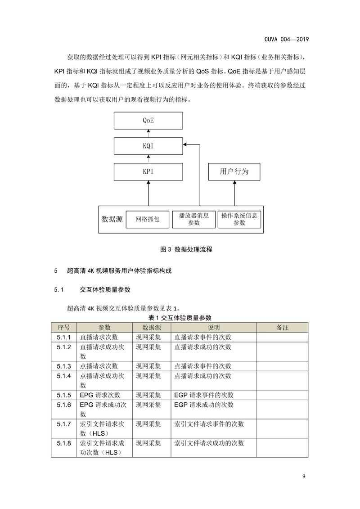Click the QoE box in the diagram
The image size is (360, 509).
(x=148, y=121)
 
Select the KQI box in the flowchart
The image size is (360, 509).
(x=148, y=146)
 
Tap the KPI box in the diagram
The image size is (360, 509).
(x=148, y=172)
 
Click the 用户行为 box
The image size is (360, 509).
(x=234, y=172)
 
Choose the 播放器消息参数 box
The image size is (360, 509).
(x=193, y=220)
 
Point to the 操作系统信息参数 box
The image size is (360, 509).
(x=239, y=220)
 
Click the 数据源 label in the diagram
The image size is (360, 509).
(x=112, y=220)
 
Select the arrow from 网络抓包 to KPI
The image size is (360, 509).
(x=148, y=193)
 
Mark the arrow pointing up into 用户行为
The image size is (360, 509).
(x=234, y=193)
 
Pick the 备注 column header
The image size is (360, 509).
(x=282, y=328)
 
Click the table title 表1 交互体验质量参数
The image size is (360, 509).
(x=180, y=318)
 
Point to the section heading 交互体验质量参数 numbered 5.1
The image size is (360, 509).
(x=105, y=290)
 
